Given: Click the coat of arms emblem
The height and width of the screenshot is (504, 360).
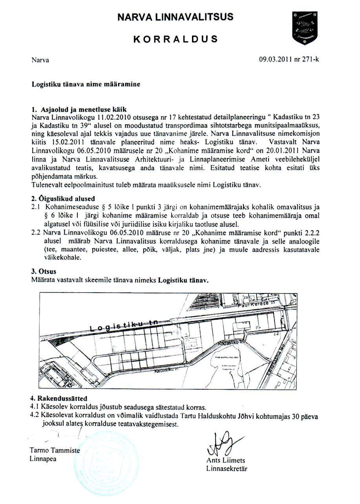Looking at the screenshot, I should coord(305,28).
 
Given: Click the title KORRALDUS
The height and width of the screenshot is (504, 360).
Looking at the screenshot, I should coord(175,39).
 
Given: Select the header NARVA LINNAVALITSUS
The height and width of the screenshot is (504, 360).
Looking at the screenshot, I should coord(175,17).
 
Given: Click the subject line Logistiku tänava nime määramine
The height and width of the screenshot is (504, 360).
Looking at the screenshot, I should coord(86,84).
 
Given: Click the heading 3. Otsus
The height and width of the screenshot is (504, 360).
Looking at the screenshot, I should coord(44,271).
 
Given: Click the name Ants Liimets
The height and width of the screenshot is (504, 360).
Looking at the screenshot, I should coord(225,460).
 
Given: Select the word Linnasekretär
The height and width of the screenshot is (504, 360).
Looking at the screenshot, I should coord(227,468).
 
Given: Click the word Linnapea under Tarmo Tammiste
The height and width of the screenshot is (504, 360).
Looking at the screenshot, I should coord(43,458).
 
